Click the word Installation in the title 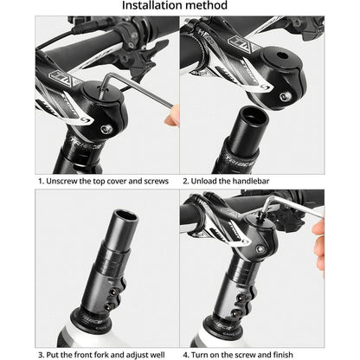[152, 7]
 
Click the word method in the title [208, 7]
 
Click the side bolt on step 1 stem [106, 129]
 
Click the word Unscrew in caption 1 [66, 182]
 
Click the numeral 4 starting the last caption [185, 354]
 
